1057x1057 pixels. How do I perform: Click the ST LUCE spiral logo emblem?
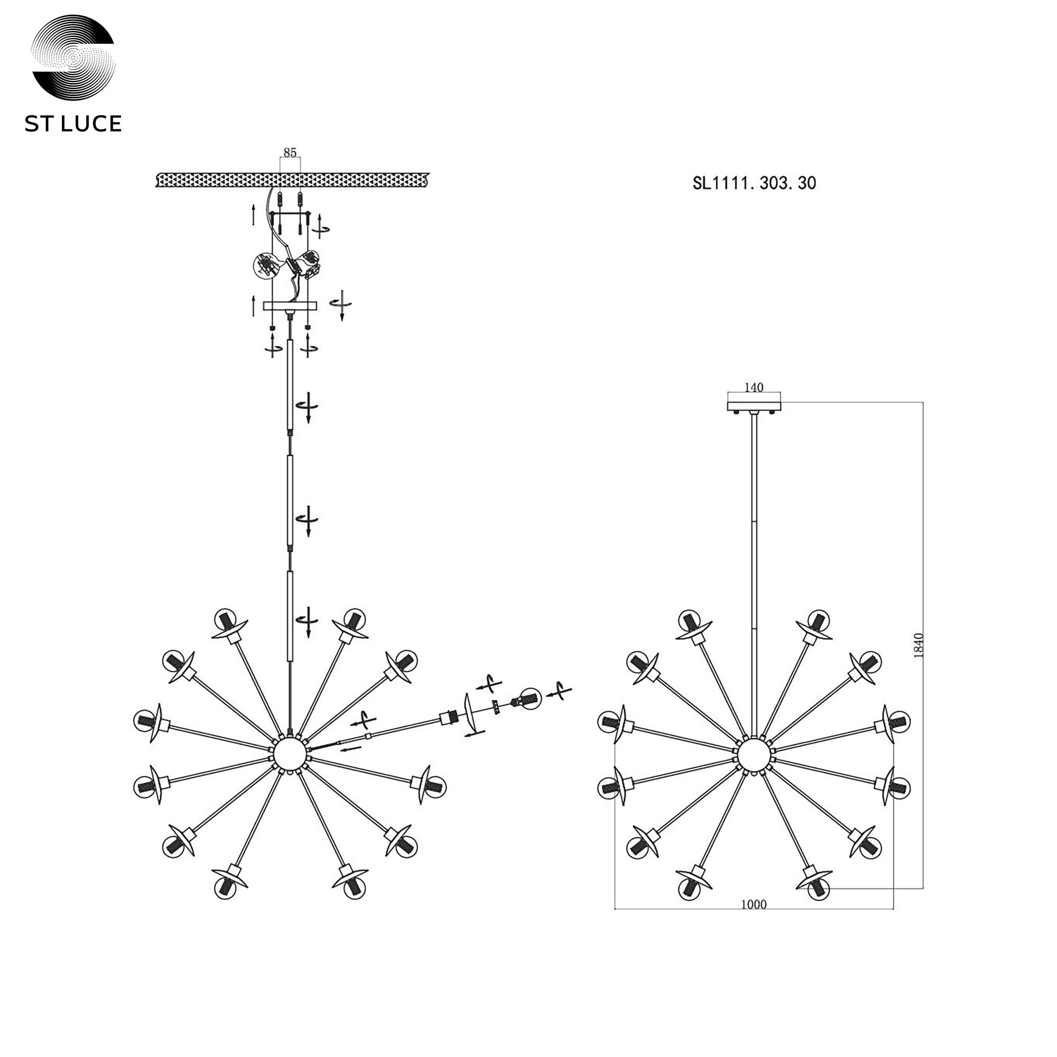[73, 57]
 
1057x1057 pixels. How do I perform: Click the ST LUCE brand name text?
[73, 124]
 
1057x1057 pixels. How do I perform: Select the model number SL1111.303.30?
[754, 183]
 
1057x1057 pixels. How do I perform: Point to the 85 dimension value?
[290, 152]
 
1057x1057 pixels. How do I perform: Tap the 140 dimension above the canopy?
[754, 387]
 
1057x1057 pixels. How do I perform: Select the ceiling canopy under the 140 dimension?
[754, 406]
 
